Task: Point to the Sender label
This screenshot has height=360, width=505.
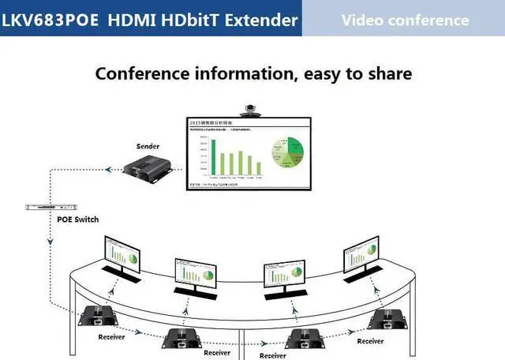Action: (148, 146)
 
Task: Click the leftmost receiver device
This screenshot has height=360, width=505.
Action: (99, 316)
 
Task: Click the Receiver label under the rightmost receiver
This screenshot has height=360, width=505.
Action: (370, 341)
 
